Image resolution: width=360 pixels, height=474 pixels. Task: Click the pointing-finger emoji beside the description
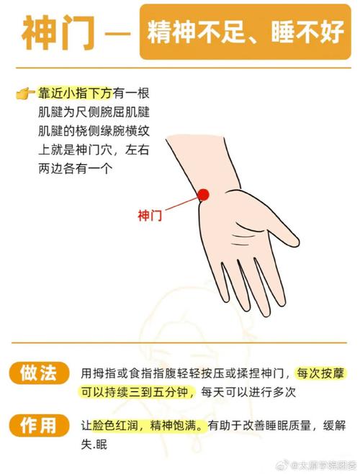click(24, 94)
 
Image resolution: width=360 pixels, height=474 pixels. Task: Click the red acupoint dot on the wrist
click(203, 193)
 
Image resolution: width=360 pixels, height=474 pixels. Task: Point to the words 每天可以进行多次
click(248, 393)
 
